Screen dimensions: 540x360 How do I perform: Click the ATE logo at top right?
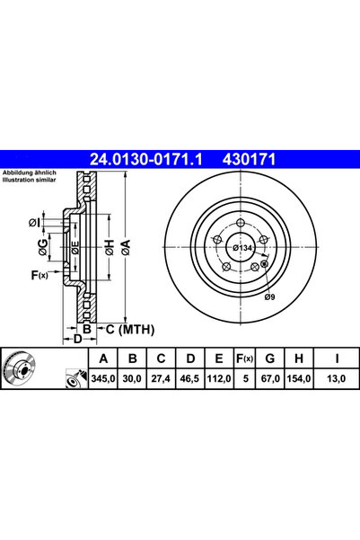pos(333,159)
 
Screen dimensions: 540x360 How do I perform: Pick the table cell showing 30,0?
pos(132,381)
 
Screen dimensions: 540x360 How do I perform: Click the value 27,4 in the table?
pos(162,381)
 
